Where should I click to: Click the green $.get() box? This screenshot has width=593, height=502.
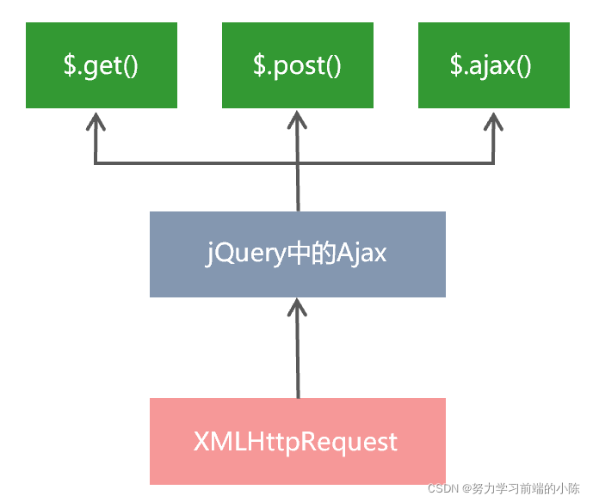click(x=102, y=65)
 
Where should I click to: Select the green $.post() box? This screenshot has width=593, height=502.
click(x=298, y=65)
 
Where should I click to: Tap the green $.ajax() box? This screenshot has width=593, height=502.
click(x=494, y=65)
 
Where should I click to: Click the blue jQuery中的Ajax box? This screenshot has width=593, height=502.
click(x=298, y=254)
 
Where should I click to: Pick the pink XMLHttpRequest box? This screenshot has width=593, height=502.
click(x=298, y=441)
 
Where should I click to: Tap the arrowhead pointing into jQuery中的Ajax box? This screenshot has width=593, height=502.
click(x=298, y=308)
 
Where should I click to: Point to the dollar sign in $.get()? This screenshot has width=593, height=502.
click(x=69, y=66)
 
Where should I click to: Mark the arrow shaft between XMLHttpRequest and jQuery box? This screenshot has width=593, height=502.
click(x=298, y=361)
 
